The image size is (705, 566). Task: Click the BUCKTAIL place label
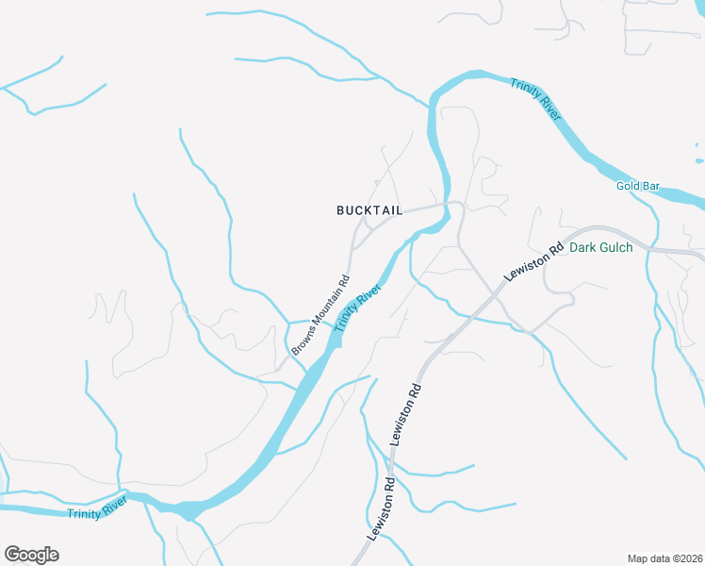369,210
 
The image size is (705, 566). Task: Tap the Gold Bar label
638,186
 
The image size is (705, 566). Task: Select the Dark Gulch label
601,249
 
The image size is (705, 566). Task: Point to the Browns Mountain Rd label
320,315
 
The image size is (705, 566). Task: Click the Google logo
31,555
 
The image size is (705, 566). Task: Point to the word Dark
582,249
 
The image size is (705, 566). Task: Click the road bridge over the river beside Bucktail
445,206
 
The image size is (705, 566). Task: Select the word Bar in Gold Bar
651,186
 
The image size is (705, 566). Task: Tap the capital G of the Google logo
11,555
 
